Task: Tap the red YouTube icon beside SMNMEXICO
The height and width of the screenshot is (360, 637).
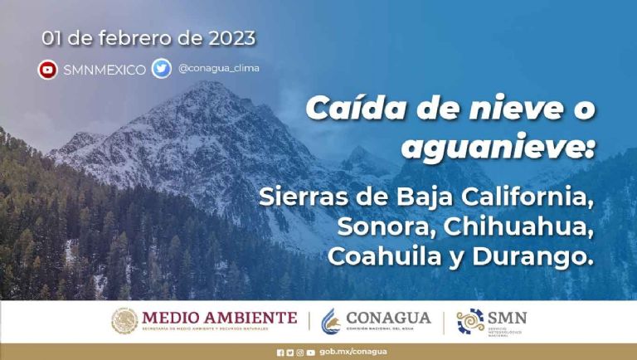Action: [x=48, y=70]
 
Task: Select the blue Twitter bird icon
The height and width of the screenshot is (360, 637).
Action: [x=161, y=69]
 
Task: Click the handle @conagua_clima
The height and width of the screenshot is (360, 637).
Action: [x=218, y=68]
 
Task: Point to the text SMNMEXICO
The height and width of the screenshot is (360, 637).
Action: [x=105, y=70]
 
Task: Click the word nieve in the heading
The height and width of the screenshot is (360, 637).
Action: [x=493, y=108]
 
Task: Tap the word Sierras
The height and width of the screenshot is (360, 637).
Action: [x=297, y=199]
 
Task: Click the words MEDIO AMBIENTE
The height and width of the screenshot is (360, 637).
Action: [x=220, y=317]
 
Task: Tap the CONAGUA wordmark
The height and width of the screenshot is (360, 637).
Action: [x=388, y=318]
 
